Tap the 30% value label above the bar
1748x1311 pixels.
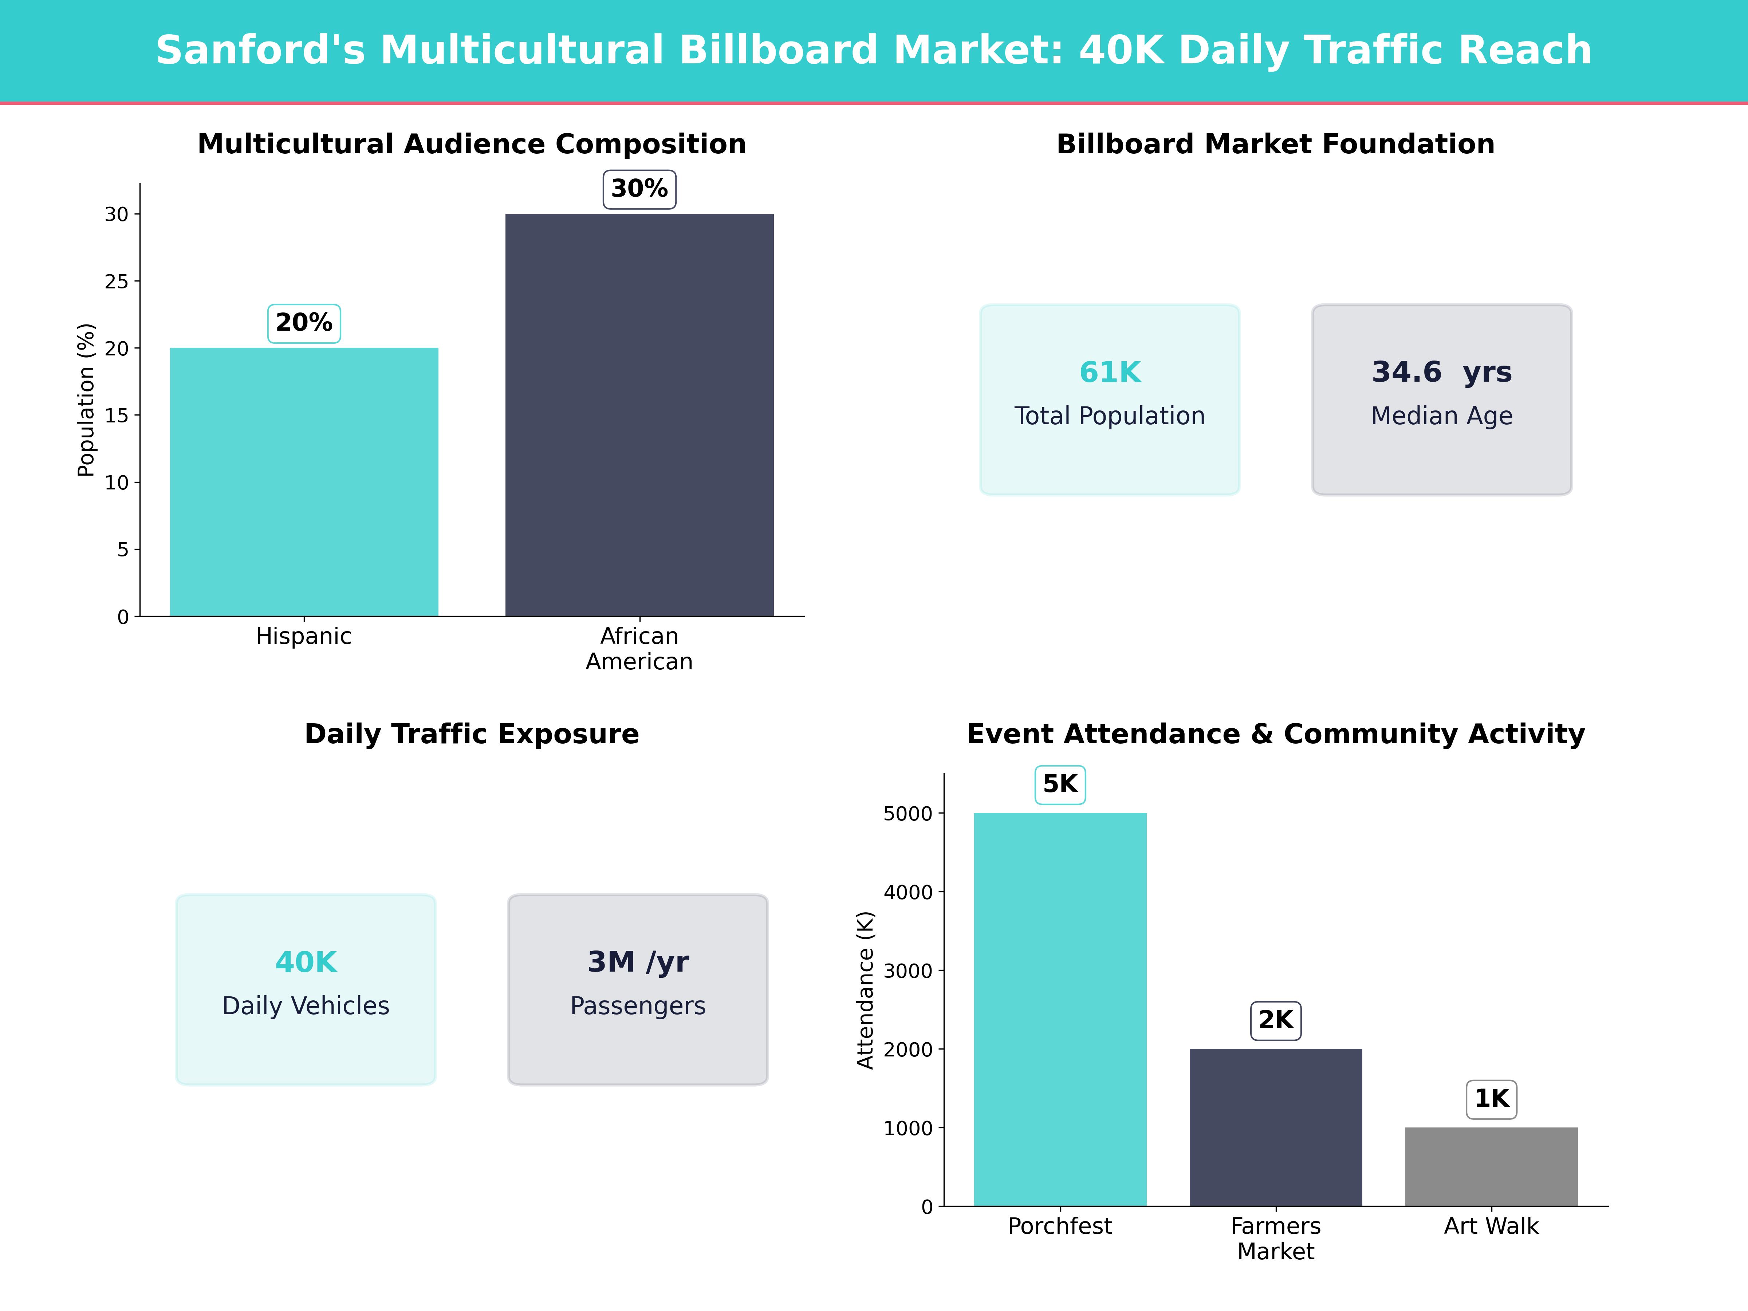(639, 189)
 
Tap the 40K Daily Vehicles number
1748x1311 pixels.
(306, 962)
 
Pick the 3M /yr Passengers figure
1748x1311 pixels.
(638, 962)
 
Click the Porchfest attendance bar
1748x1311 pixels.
(1060, 1009)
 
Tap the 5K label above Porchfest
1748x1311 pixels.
(1060, 785)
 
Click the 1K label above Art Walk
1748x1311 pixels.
(1491, 1099)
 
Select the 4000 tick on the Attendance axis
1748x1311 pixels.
(908, 892)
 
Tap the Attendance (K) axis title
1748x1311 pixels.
(865, 990)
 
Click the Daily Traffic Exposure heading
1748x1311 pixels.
(472, 734)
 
